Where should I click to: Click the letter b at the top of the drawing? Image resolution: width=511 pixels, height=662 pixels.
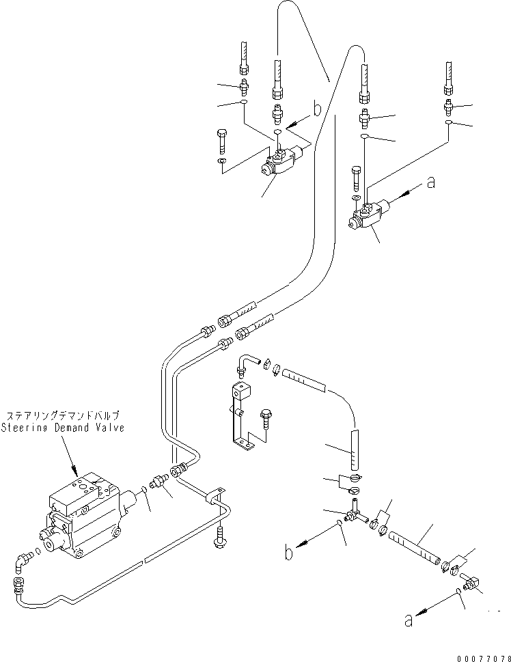316,107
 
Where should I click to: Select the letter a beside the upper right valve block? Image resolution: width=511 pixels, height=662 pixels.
429,182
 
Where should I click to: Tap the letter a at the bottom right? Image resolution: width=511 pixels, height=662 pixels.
409,620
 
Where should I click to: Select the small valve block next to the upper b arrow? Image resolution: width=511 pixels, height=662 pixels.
280,165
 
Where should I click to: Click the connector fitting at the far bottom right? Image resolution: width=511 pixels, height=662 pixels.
471,582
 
